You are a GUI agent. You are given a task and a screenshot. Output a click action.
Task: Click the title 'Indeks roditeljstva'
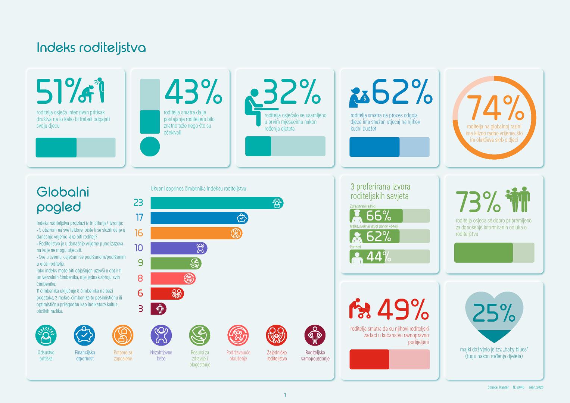[x=91, y=48]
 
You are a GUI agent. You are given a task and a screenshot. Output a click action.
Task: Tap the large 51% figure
[x=58, y=91]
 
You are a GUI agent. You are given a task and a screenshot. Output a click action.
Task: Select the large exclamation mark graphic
[x=150, y=117]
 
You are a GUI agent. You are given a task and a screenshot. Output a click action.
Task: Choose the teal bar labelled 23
[x=217, y=203]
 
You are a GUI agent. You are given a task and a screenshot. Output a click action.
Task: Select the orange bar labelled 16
[x=196, y=233]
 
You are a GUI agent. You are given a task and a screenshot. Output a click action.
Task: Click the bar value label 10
[x=138, y=248]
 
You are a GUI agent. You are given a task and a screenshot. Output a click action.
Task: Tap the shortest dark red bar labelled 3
[x=158, y=309]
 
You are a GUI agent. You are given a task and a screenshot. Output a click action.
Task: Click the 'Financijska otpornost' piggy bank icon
[x=85, y=335]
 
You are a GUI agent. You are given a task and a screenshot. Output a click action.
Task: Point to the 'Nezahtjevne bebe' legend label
[x=161, y=355]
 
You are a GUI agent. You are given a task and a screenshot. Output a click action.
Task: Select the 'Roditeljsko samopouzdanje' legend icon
[x=315, y=335]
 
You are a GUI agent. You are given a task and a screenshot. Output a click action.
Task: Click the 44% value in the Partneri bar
[x=379, y=257]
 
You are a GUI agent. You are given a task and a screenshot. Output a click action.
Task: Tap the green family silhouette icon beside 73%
[x=518, y=199]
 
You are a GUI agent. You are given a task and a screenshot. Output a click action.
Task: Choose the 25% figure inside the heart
[x=494, y=313]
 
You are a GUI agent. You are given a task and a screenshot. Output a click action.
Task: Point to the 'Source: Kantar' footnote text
[x=498, y=387]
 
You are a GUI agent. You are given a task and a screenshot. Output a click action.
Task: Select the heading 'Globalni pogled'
[x=63, y=199]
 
